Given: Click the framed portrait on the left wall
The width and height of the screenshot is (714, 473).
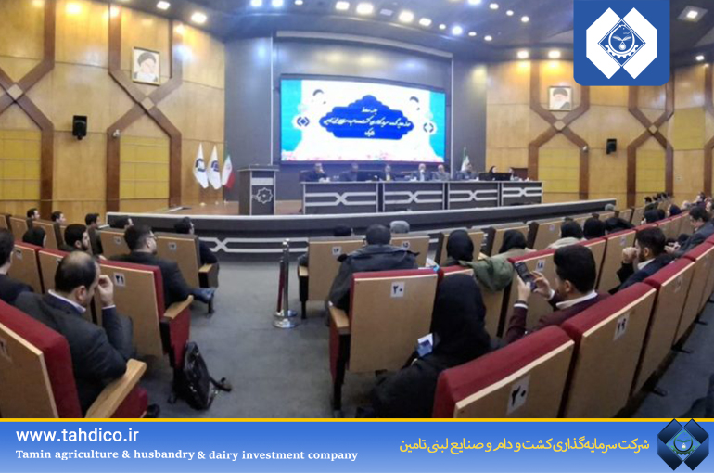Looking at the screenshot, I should [x=146, y=66].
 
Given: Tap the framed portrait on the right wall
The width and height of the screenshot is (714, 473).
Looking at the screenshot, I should [x=559, y=97].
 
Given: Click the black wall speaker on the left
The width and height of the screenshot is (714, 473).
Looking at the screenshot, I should [x=80, y=127].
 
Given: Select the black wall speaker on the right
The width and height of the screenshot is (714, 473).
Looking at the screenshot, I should [x=610, y=147].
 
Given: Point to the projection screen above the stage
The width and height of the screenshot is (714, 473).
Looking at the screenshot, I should [x=363, y=121].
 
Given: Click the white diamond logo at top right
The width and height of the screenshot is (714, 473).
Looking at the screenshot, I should [x=620, y=42].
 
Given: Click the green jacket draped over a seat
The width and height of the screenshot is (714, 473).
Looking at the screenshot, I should [x=489, y=271].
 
